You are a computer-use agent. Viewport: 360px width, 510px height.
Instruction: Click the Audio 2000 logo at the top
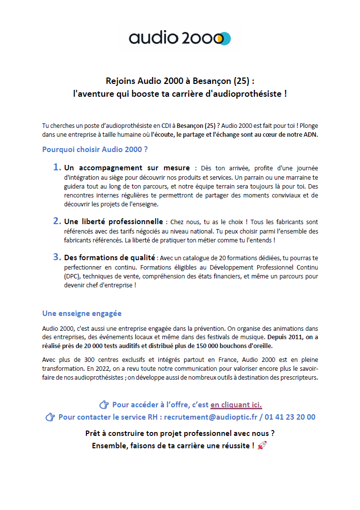[180, 38]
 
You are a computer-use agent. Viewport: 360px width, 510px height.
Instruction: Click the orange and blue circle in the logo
[224, 39]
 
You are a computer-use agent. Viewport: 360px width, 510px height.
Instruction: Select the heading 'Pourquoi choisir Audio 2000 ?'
[95, 149]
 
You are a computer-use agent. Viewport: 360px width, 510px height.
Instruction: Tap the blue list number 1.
[57, 167]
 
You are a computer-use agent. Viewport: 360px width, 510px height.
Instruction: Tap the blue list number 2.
[57, 221]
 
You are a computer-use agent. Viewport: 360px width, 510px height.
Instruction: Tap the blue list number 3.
[57, 257]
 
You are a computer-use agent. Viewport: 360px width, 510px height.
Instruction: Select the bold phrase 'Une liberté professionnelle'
[114, 221]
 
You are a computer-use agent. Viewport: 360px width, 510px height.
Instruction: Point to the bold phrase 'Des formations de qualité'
[110, 257]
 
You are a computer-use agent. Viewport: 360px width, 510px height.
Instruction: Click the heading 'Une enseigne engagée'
[82, 314]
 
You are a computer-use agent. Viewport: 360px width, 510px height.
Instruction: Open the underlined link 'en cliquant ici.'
[236, 405]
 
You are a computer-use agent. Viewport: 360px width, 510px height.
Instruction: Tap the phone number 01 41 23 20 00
[289, 417]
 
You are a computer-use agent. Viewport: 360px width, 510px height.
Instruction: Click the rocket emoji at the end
[262, 446]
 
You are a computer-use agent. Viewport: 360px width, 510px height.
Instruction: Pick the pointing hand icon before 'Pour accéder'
[104, 405]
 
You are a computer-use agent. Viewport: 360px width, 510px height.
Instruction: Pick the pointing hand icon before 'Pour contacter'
[50, 418]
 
